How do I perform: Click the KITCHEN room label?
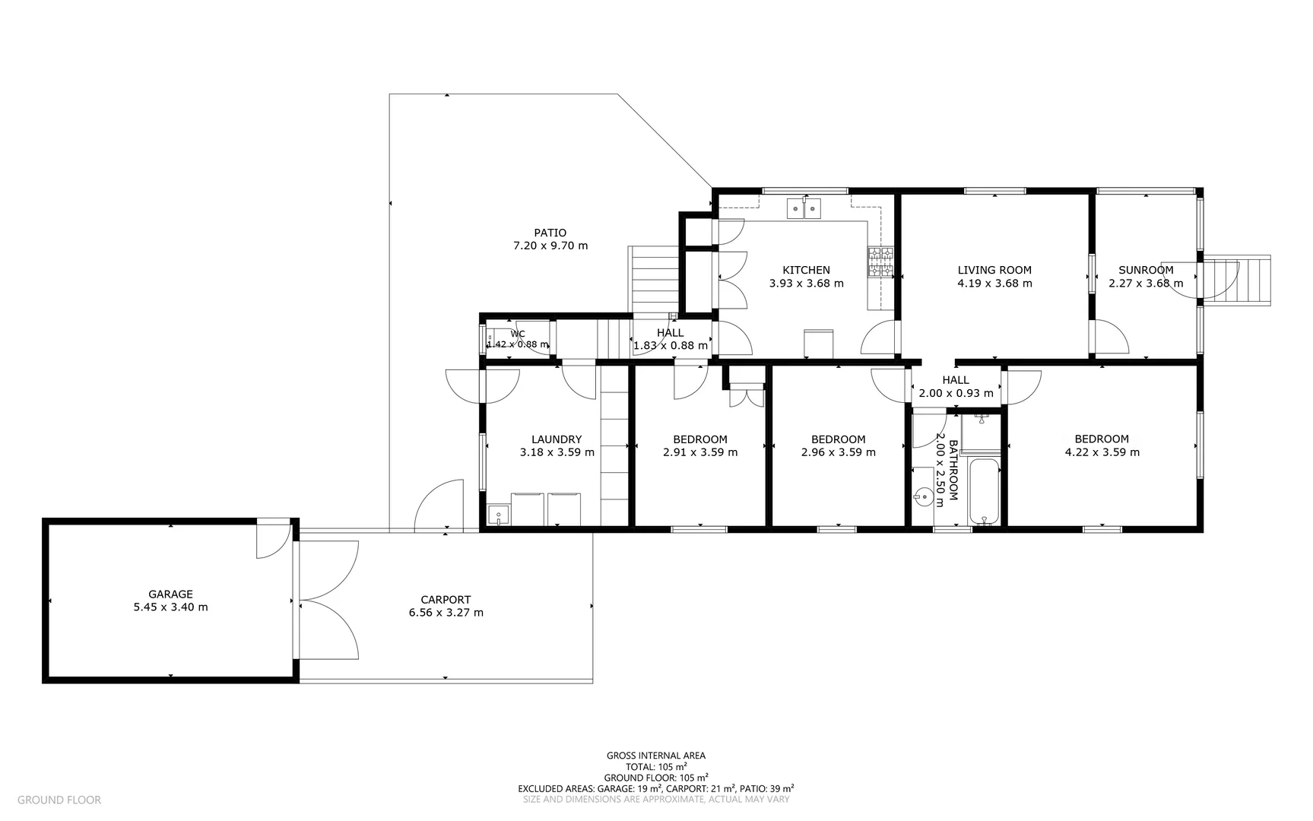click(806, 270)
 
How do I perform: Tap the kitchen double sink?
click(804, 207)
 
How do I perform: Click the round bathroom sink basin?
click(923, 496)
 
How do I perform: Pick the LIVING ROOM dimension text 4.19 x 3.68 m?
click(994, 284)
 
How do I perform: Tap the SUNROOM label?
click(1146, 270)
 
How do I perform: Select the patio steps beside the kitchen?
click(653, 279)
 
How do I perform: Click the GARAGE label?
click(170, 594)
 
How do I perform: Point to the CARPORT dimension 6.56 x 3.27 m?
click(446, 613)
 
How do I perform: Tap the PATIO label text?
click(550, 233)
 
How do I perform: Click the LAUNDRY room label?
click(557, 439)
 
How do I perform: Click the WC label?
click(518, 334)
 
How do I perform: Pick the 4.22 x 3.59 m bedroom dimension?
click(1102, 452)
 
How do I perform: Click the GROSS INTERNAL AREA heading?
click(655, 756)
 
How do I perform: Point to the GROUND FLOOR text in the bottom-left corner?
click(59, 800)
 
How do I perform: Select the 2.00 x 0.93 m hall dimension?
click(956, 394)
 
